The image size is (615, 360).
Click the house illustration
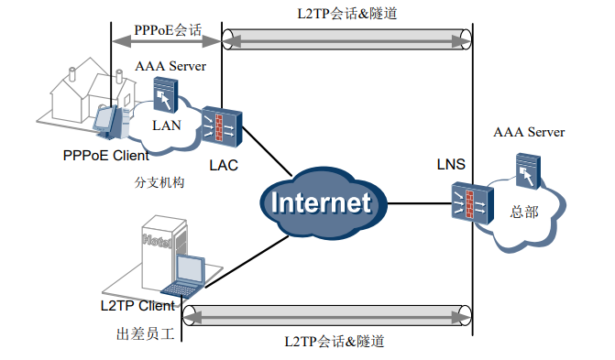tap(87, 92)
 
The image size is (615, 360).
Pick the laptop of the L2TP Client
tap(191, 272)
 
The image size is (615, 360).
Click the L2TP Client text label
tap(137, 305)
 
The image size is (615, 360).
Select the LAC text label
tap(224, 165)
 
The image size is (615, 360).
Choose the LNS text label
tap(451, 165)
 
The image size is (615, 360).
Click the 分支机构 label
tap(159, 182)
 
